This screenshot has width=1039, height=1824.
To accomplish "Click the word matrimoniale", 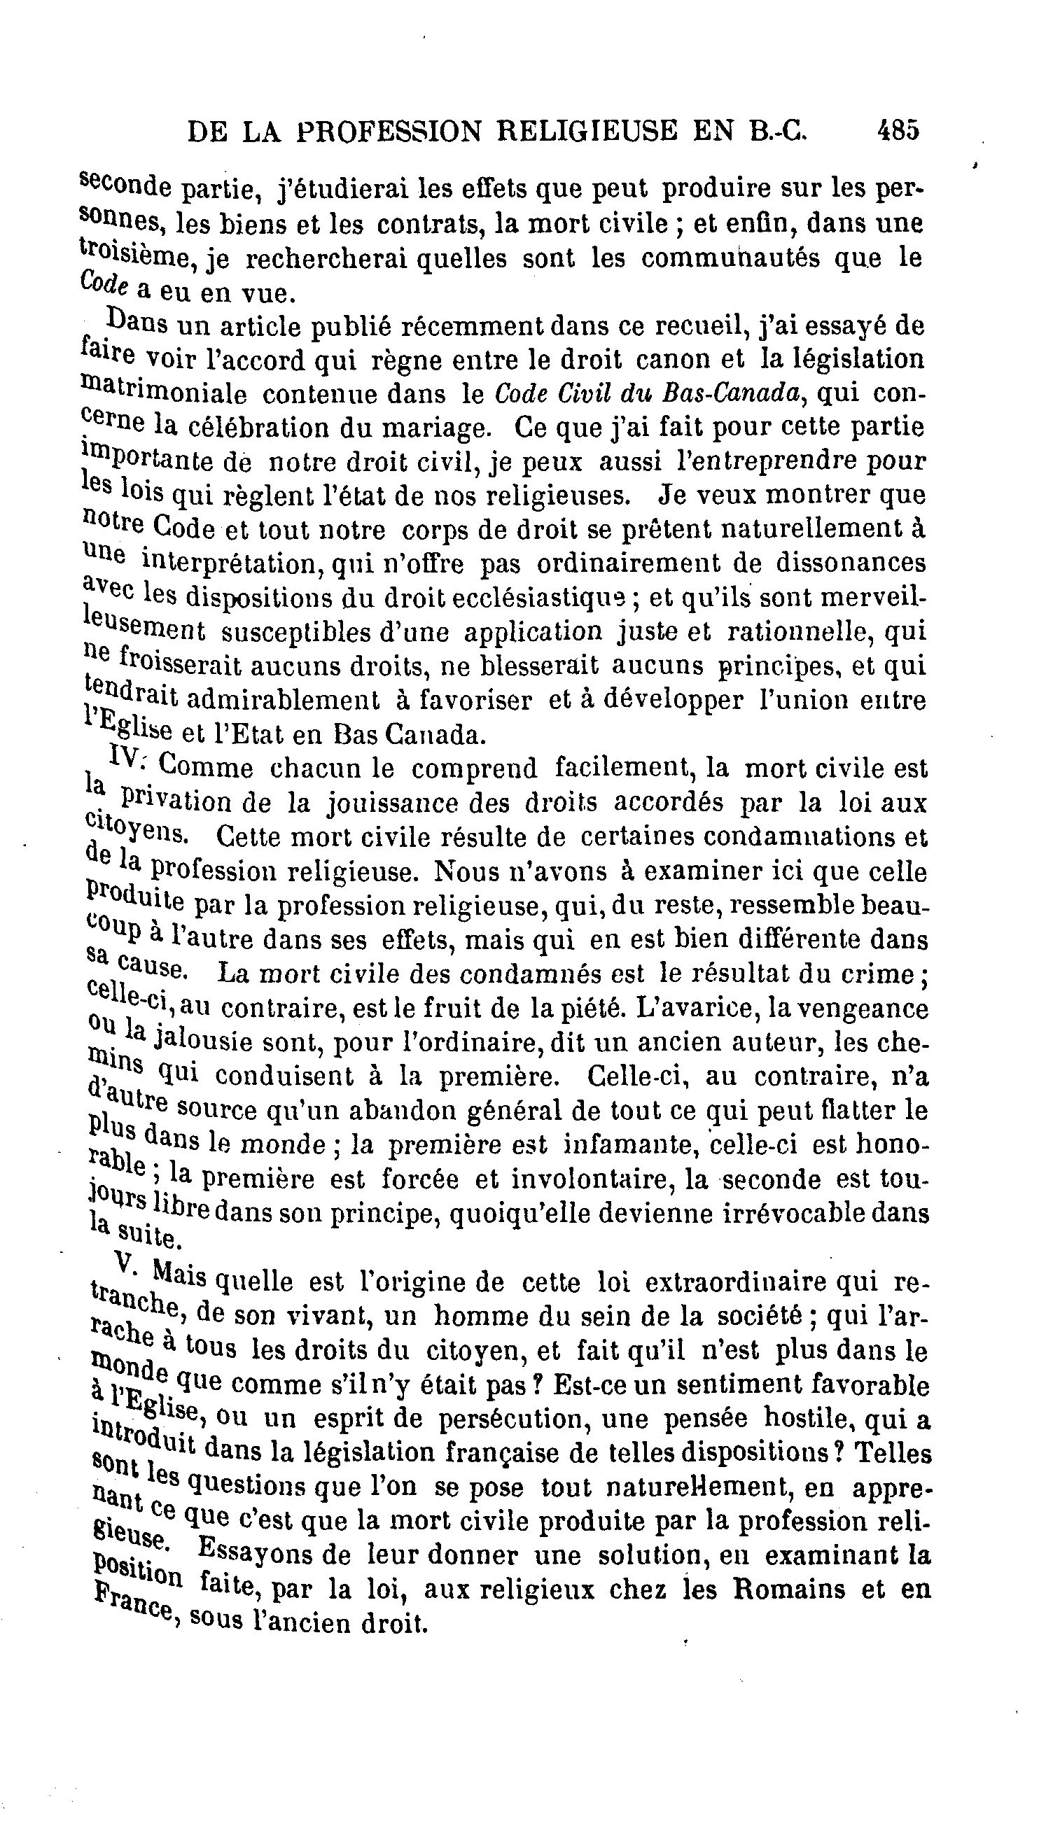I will (x=164, y=392).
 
